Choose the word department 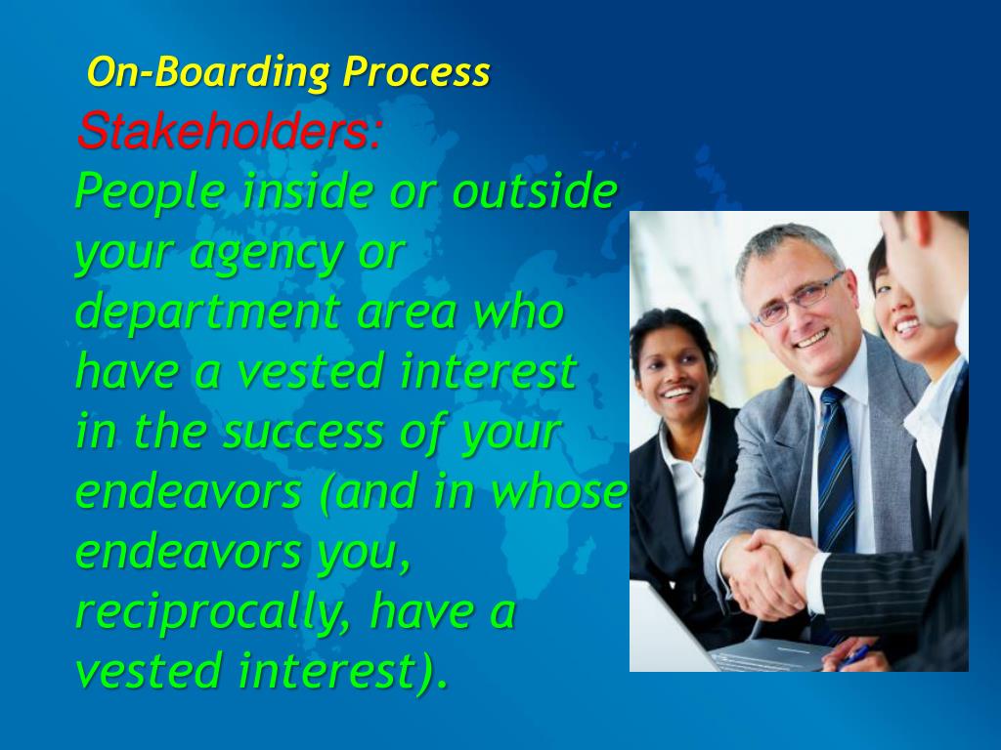(x=202, y=312)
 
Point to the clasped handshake (x=767, y=565)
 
